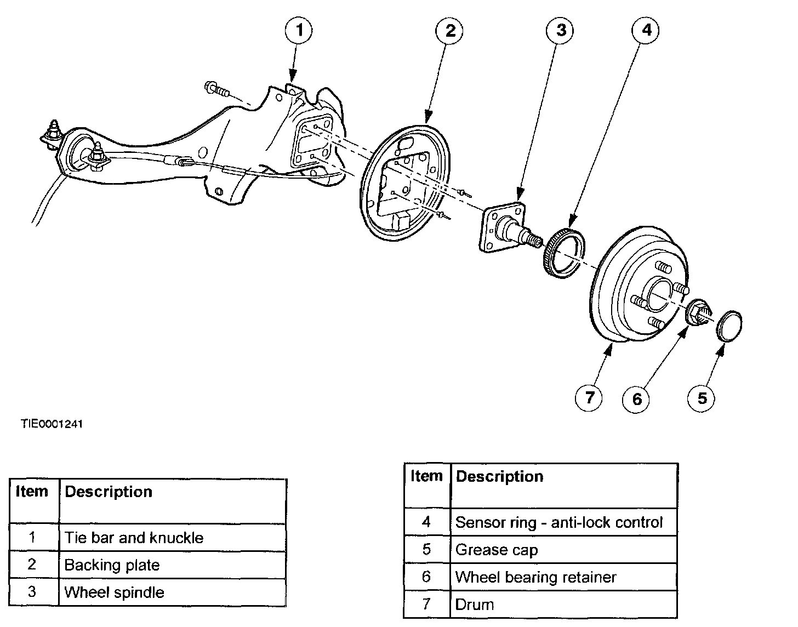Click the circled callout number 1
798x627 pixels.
[x=299, y=31]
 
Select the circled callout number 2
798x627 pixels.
[x=449, y=31]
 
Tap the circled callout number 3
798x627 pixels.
[x=560, y=31]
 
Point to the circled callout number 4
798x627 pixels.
[x=645, y=30]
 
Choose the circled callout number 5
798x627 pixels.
[x=701, y=398]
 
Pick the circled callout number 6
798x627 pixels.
[x=636, y=399]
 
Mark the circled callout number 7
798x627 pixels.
[x=589, y=397]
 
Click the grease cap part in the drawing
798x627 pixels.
[x=729, y=326]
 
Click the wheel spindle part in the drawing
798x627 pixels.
[x=508, y=228]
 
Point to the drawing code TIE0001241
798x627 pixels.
[x=52, y=424]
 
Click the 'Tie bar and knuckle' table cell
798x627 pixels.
[x=173, y=538]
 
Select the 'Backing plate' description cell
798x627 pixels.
[x=173, y=565]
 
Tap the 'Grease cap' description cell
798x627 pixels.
[x=564, y=550]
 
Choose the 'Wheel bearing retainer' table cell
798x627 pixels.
[x=564, y=577]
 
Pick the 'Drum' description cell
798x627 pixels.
[x=564, y=604]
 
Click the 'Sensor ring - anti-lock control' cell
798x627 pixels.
[x=564, y=522]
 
